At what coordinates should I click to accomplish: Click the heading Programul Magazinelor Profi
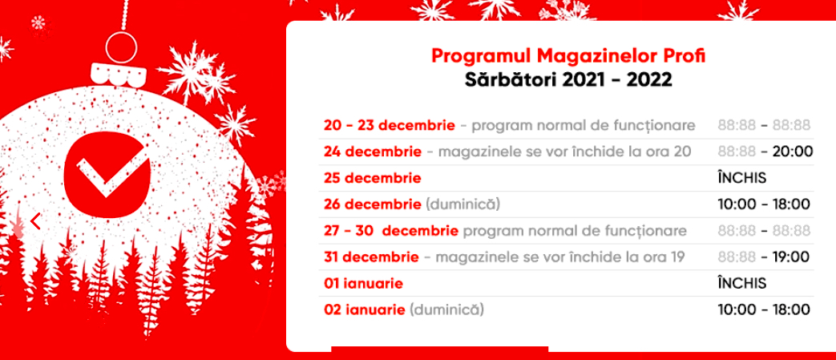point(568,56)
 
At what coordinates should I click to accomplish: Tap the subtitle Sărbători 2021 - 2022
point(568,80)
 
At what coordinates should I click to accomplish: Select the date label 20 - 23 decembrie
point(390,126)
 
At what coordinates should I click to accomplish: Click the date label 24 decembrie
point(372,152)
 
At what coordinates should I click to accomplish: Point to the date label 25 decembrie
point(372,178)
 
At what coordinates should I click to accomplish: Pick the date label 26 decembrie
point(372,204)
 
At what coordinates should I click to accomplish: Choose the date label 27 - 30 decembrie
point(391,231)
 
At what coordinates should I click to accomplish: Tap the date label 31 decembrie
point(371,257)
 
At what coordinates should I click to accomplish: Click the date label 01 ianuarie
point(363,284)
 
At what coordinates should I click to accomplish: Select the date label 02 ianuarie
point(365,309)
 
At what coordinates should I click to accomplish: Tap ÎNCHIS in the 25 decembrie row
point(742,178)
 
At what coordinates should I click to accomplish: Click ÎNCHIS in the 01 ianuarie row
point(742,283)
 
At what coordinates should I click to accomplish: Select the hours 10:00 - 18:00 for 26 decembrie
point(764,204)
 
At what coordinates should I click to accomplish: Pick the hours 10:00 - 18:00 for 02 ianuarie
point(764,309)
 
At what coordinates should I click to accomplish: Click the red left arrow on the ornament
point(35,221)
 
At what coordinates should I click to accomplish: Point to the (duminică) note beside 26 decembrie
point(462,204)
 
